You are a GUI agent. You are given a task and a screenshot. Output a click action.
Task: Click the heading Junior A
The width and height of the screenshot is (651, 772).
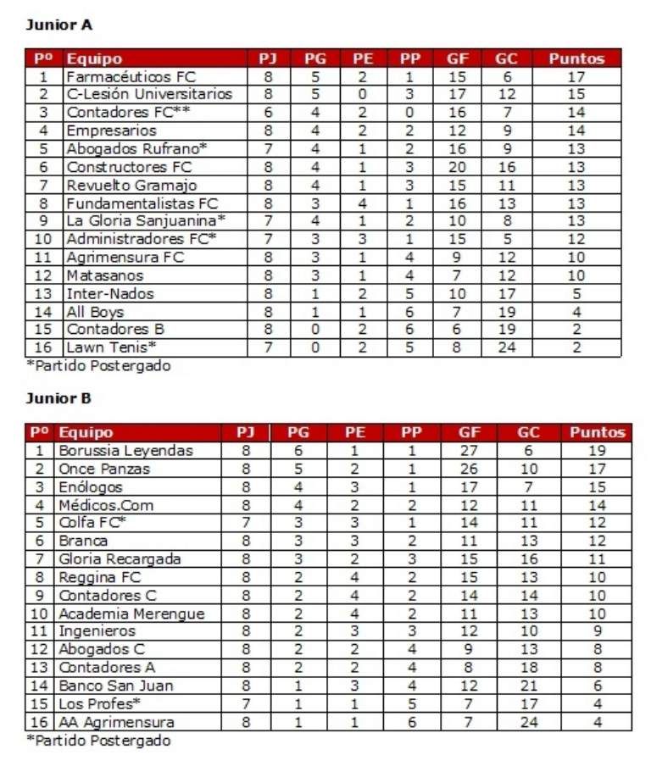58,25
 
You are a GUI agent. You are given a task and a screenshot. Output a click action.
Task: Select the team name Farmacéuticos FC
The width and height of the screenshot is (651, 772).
131,77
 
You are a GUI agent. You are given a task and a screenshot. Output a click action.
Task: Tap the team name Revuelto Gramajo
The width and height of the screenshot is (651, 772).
131,186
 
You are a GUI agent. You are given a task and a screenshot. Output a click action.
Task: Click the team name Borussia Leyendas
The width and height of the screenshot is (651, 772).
125,451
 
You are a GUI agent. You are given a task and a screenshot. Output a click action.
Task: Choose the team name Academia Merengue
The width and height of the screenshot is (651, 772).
131,614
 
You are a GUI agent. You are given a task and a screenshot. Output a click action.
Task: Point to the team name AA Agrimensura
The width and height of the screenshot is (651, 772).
116,723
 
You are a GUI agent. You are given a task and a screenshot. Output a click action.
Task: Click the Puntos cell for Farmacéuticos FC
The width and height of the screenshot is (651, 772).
576,77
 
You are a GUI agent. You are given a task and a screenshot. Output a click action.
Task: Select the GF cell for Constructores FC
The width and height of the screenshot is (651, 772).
458,168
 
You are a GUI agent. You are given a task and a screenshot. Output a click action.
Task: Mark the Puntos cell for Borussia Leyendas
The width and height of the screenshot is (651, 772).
597,451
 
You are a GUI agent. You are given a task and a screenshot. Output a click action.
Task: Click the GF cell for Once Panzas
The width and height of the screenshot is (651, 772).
469,469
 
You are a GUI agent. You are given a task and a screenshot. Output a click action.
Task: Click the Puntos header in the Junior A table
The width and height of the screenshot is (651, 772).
576,58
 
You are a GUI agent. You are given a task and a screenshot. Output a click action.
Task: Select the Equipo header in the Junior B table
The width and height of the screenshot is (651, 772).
85,432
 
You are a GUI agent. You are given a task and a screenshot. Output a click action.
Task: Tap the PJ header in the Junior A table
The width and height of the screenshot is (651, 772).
268,58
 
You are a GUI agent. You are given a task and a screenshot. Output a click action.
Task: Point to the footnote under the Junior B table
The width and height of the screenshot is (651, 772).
98,741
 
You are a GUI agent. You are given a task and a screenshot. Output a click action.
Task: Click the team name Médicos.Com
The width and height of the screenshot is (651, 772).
106,505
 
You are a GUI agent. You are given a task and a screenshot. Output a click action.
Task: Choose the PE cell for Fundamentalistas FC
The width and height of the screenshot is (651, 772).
362,203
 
